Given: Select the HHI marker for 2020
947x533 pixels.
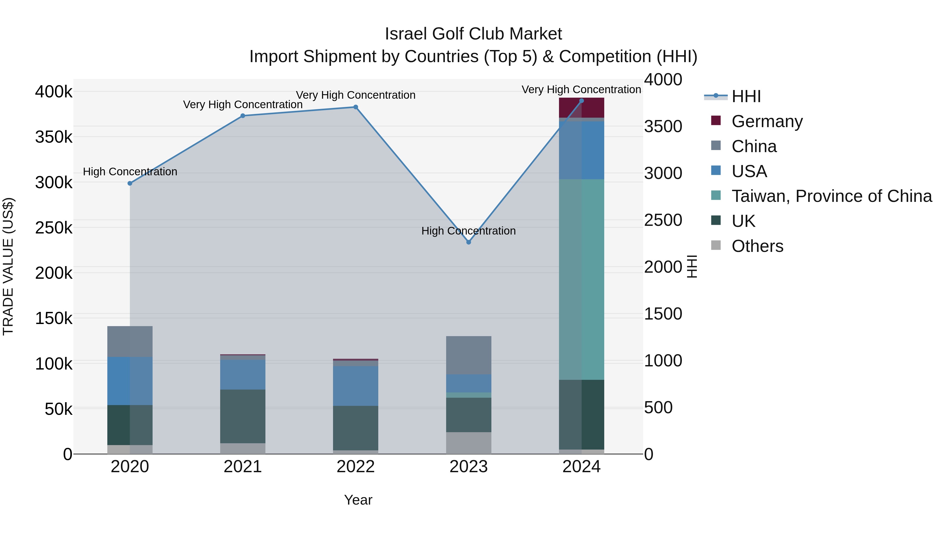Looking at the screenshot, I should click(130, 183).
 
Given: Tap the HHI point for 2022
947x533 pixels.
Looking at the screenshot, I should click(355, 107).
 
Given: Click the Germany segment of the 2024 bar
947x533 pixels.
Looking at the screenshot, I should click(581, 108).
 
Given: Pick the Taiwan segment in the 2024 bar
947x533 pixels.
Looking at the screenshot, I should click(581, 280).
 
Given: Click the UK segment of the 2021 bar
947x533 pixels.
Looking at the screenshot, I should click(243, 416).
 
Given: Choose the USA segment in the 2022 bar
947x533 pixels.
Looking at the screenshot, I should click(355, 386).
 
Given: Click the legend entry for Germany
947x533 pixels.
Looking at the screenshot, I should click(767, 121).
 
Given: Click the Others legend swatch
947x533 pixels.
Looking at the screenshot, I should click(716, 245).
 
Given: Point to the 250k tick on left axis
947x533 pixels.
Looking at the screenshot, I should click(54, 228).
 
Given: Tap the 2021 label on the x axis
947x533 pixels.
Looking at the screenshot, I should click(243, 467).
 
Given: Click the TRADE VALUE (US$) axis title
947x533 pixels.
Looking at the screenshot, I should click(8, 266).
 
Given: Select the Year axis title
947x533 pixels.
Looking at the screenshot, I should click(358, 500).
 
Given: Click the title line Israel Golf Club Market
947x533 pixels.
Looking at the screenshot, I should click(473, 34).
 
